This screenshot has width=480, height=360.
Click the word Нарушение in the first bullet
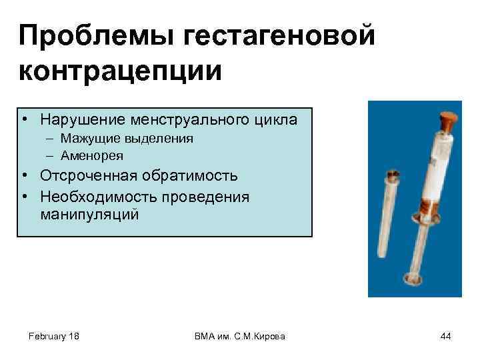point(79,120)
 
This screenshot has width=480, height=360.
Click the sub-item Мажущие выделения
point(126,139)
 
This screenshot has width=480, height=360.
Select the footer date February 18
point(55,337)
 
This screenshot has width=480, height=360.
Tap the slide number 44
point(445,337)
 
